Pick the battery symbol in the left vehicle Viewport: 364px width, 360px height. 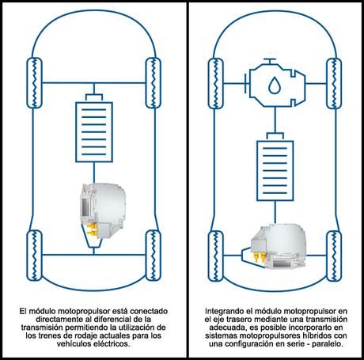tap(93, 126)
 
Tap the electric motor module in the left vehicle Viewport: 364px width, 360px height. tap(102, 207)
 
